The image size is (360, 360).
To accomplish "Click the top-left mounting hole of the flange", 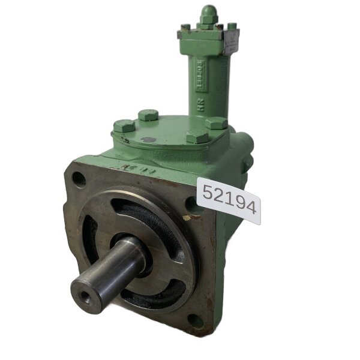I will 79,179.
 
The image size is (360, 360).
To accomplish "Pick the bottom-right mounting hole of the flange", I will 196,321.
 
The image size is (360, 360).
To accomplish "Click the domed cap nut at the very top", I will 208,14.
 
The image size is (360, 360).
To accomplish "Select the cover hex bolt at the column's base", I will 216,123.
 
